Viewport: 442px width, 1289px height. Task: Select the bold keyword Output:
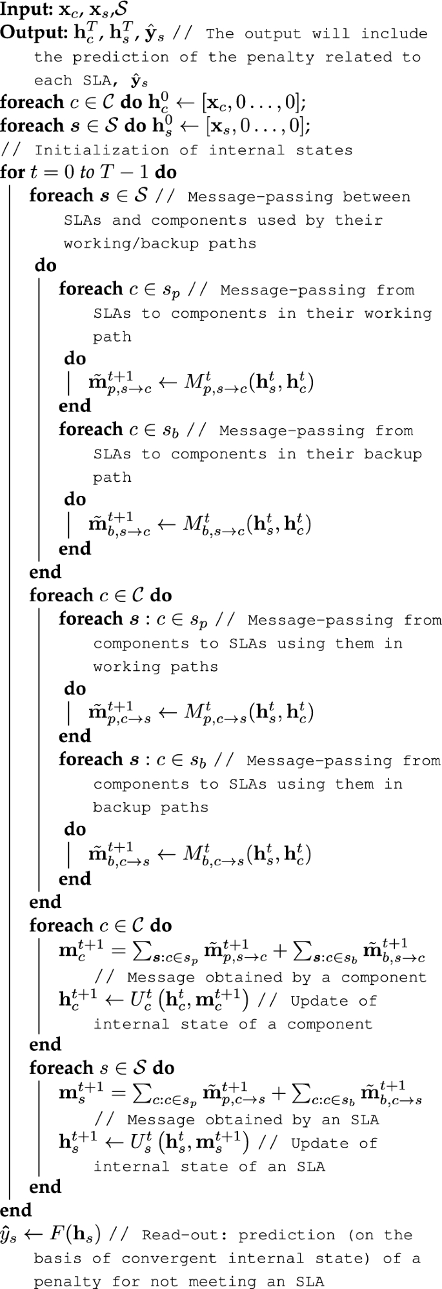pos(27,34)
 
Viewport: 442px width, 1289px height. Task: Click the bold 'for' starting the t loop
pos(12,172)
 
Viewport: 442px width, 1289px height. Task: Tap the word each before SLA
pos(54,80)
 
